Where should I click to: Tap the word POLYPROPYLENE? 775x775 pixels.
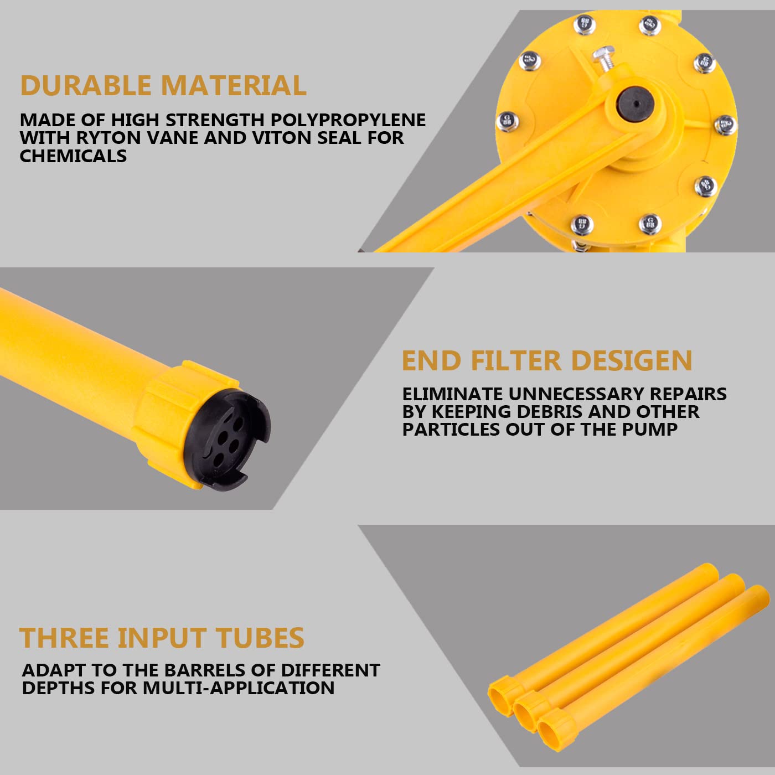click(348, 120)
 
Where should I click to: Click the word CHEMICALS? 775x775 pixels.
click(73, 156)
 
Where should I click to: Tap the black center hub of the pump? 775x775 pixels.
click(636, 103)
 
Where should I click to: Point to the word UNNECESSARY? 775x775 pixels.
click(576, 394)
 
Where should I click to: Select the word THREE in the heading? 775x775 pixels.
click(64, 638)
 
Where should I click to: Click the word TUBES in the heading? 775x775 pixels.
click(260, 638)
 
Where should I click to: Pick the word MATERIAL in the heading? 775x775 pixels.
click(233, 86)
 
